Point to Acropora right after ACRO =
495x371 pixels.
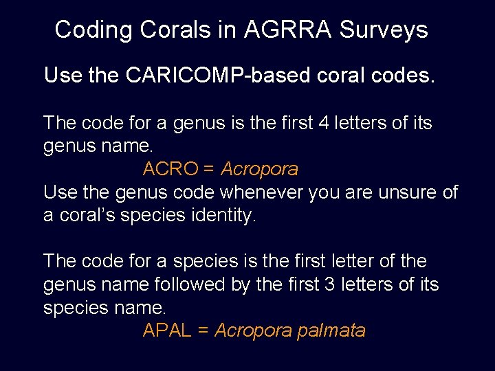point(259,169)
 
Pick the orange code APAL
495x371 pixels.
point(167,330)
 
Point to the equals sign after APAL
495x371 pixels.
point(203,330)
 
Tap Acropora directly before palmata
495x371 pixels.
point(253,330)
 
